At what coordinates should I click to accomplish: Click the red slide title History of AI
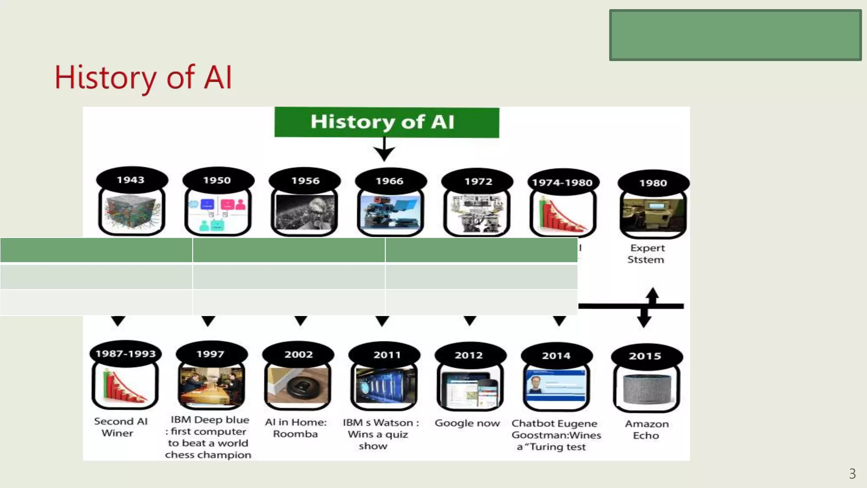click(143, 78)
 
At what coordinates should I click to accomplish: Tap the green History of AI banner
click(387, 122)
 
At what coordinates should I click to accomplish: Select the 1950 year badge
click(218, 180)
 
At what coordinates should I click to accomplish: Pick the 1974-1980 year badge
click(562, 183)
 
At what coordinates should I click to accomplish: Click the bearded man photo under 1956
click(304, 212)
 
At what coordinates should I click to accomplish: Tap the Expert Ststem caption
click(646, 254)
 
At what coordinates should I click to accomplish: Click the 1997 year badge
click(211, 354)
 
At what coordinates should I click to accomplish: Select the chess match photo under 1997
click(212, 385)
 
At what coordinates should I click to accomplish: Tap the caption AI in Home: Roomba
click(296, 428)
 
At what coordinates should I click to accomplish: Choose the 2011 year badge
click(386, 355)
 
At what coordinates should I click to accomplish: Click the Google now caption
click(467, 423)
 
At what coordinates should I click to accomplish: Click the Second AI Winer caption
click(120, 427)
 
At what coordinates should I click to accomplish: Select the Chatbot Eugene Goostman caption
click(556, 435)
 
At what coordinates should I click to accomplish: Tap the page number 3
click(852, 474)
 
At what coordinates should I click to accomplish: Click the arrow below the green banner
click(384, 150)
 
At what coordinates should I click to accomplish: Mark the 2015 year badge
click(645, 356)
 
